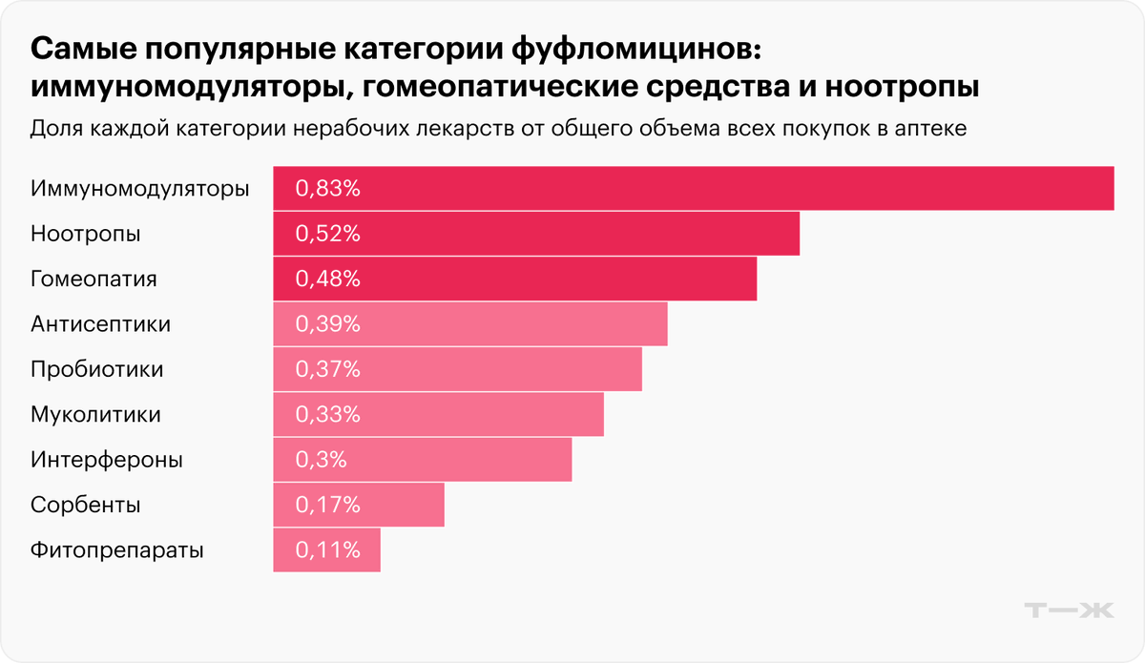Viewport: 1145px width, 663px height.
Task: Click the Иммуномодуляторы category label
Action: click(139, 189)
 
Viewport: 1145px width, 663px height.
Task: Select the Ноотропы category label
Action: click(85, 234)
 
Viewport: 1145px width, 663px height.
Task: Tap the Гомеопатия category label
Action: click(94, 280)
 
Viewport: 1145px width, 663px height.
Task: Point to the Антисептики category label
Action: click(100, 324)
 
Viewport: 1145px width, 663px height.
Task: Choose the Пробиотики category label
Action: click(96, 369)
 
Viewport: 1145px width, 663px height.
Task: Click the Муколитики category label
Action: click(95, 415)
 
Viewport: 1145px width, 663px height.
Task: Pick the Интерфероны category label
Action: click(106, 460)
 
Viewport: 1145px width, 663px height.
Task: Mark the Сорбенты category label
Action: click(86, 505)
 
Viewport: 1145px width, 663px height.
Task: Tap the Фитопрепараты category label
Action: click(116, 550)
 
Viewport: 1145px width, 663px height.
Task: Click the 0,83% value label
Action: click(327, 189)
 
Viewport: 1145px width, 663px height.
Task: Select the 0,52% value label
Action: click(327, 234)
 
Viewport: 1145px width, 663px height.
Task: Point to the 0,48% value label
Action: click(327, 280)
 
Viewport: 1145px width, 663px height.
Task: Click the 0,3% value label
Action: click(321, 460)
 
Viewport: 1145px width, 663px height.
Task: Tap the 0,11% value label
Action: click(327, 550)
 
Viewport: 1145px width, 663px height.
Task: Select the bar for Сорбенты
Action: click(401, 505)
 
